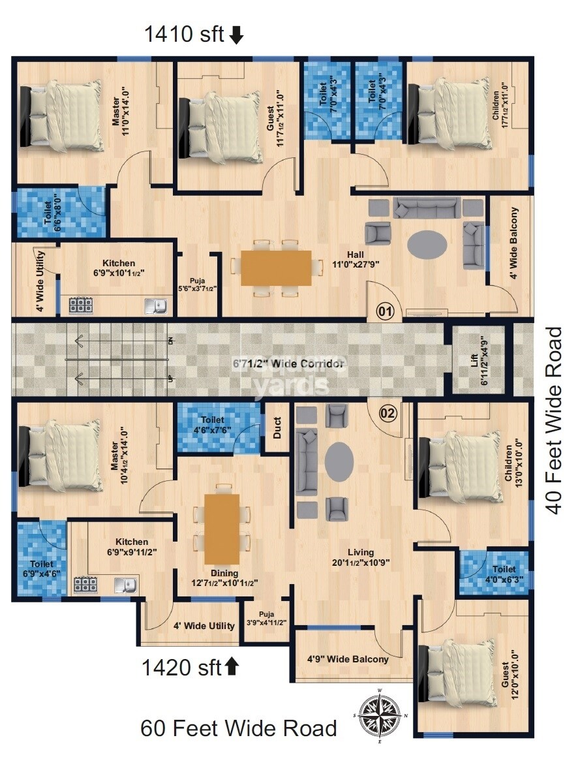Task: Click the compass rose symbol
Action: click(x=378, y=715)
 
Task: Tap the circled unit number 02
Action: click(x=388, y=412)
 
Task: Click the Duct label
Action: click(x=277, y=427)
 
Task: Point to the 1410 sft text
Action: click(x=185, y=35)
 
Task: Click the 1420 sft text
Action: click(x=183, y=668)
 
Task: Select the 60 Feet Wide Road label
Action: click(x=239, y=728)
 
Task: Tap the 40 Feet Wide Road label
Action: click(x=555, y=421)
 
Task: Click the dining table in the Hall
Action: click(x=276, y=267)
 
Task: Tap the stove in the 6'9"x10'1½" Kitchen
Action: click(x=80, y=305)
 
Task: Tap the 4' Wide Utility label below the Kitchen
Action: click(x=204, y=625)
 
